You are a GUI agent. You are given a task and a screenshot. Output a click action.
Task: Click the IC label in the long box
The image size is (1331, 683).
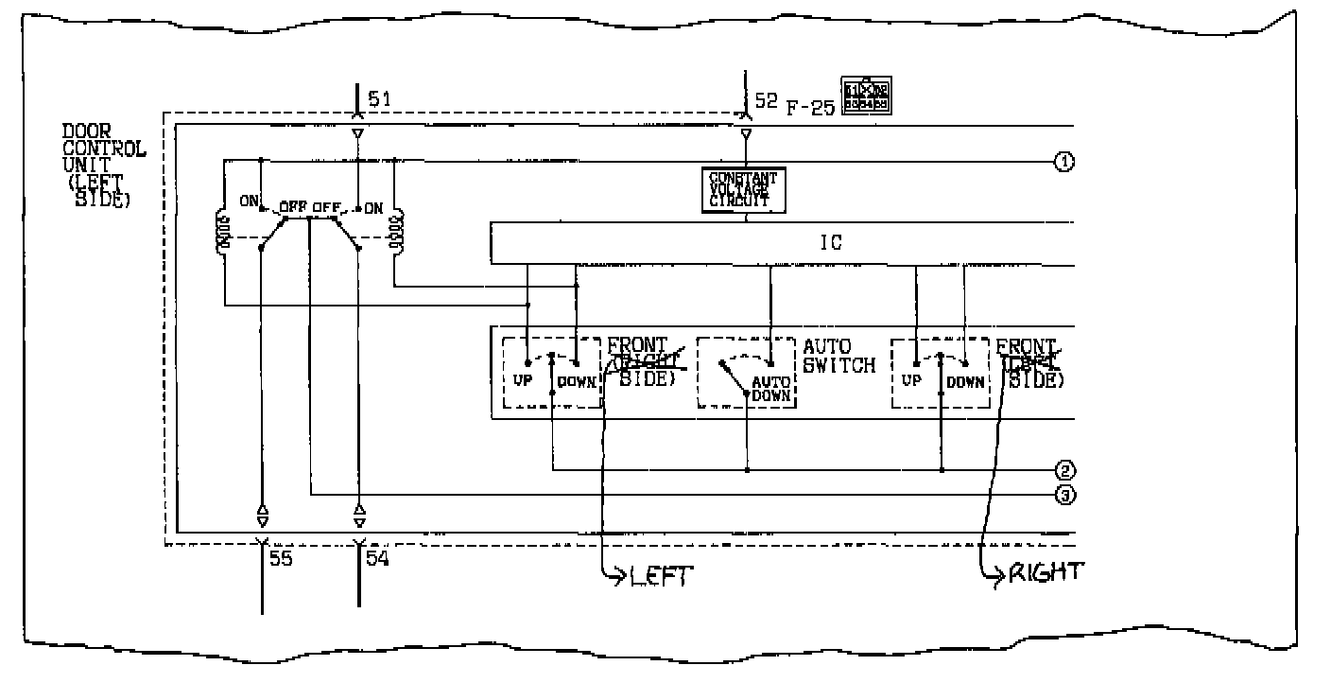[x=830, y=243]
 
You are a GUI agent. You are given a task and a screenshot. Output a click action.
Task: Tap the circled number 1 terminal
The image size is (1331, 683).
[x=1063, y=162]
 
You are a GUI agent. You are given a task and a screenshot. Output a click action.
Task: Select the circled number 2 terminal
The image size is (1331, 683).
[x=1063, y=470]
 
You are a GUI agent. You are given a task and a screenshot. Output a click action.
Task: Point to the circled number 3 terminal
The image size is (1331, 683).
[x=1063, y=494]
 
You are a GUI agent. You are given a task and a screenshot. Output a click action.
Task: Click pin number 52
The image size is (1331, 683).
[x=766, y=99]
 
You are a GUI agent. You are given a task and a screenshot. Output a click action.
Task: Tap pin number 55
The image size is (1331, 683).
[x=282, y=558]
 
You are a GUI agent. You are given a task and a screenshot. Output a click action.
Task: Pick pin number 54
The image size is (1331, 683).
[x=378, y=558]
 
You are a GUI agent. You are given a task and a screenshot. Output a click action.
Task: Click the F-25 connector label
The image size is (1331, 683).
[x=811, y=108]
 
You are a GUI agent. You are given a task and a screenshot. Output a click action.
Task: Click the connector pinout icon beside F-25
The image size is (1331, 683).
[x=867, y=96]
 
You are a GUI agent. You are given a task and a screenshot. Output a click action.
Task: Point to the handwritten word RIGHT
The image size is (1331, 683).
[x=1045, y=572]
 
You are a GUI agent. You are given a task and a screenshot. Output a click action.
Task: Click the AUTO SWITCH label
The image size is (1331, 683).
[x=838, y=357]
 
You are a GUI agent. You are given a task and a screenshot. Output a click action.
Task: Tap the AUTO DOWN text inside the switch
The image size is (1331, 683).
[x=770, y=389]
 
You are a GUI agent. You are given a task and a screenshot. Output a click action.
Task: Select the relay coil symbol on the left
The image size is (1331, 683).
[x=225, y=233]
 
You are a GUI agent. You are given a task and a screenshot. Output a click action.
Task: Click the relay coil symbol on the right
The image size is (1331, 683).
[x=397, y=233]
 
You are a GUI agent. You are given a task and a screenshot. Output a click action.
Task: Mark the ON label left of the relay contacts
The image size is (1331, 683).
[x=249, y=201]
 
